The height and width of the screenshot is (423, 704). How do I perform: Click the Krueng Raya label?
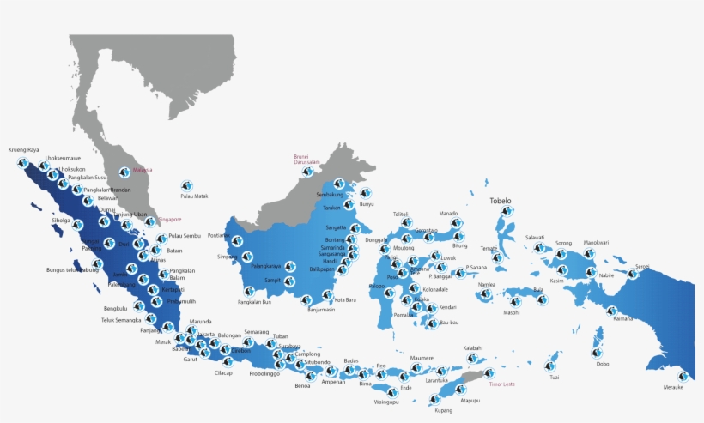[x=24, y=149]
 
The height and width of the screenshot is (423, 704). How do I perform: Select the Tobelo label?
[x=501, y=201]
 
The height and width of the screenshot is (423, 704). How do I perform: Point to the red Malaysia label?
[x=143, y=170]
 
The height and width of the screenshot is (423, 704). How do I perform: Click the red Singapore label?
[x=170, y=220]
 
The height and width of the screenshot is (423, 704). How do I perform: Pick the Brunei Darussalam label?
[x=306, y=159]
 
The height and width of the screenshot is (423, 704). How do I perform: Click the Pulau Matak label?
[x=195, y=196]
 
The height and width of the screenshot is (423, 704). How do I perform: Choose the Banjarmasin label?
[x=321, y=310]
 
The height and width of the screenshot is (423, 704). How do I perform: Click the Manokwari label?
[x=596, y=243]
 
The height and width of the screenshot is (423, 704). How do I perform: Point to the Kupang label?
[x=443, y=410]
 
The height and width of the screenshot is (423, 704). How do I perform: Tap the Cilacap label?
[x=223, y=372]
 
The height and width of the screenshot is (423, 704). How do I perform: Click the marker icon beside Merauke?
[x=683, y=376]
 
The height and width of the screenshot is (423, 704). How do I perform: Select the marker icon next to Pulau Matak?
[x=186, y=184]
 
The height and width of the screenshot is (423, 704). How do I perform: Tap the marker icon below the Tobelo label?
[x=507, y=211]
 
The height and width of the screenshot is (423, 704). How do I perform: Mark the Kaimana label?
[x=623, y=318]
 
